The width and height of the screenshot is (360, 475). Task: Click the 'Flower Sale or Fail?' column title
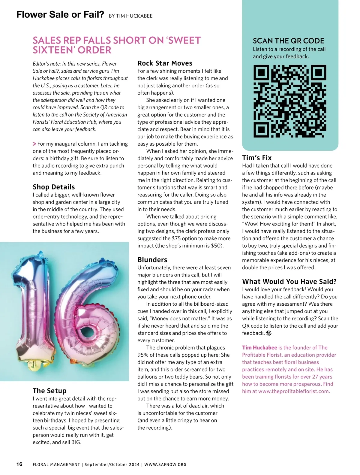[60, 14]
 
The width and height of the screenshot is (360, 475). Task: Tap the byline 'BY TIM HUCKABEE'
[130, 16]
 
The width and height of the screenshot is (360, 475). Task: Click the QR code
[290, 101]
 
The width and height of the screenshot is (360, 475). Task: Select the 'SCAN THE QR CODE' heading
[288, 41]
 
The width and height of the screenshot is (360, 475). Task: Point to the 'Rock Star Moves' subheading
[165, 63]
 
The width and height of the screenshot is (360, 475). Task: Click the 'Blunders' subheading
[152, 260]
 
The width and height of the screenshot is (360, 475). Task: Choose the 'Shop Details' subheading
[54, 187]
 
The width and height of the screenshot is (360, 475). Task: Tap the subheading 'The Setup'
[49, 391]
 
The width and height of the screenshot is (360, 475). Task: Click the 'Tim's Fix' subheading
[257, 158]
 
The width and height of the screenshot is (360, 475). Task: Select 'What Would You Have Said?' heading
[289, 282]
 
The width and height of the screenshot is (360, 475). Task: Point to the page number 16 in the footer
[19, 464]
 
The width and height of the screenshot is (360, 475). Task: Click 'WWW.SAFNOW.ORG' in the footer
[165, 464]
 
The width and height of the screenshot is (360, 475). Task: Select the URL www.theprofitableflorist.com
[294, 391]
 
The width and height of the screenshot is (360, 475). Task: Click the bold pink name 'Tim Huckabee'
[259, 348]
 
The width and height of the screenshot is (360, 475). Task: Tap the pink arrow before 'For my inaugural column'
[34, 144]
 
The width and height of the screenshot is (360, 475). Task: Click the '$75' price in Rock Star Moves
[176, 238]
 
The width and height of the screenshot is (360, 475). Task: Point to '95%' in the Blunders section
[144, 355]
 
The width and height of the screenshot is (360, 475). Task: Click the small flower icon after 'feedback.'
[269, 333]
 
